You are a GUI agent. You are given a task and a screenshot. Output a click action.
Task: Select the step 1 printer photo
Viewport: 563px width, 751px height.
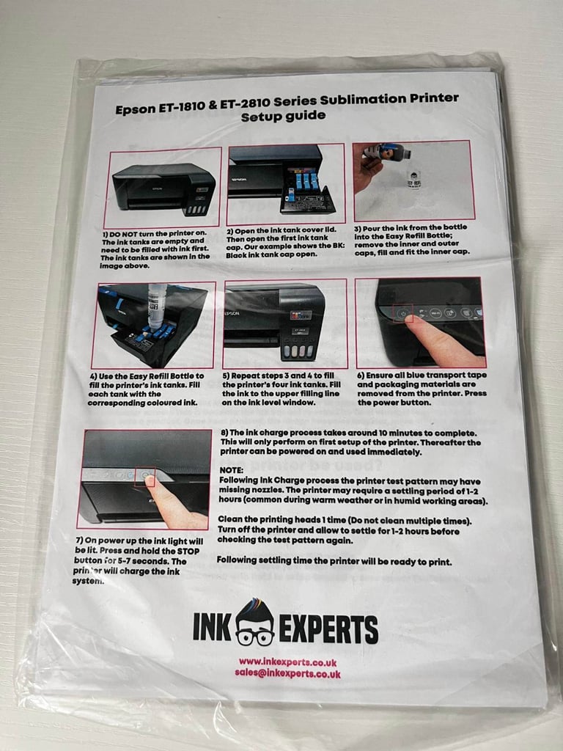click(163, 188)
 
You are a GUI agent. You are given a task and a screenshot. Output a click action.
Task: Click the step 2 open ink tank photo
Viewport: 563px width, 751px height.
click(285, 183)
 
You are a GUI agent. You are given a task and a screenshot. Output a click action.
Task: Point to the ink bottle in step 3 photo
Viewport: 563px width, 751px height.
click(388, 153)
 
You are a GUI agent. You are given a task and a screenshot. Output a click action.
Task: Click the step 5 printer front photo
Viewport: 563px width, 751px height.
click(285, 323)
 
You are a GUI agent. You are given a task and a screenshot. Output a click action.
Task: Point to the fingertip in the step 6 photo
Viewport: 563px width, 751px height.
click(413, 322)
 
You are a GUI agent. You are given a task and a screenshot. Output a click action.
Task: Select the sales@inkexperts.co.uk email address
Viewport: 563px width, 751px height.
click(287, 673)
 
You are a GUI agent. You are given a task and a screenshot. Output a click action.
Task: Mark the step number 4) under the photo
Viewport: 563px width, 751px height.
click(93, 375)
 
